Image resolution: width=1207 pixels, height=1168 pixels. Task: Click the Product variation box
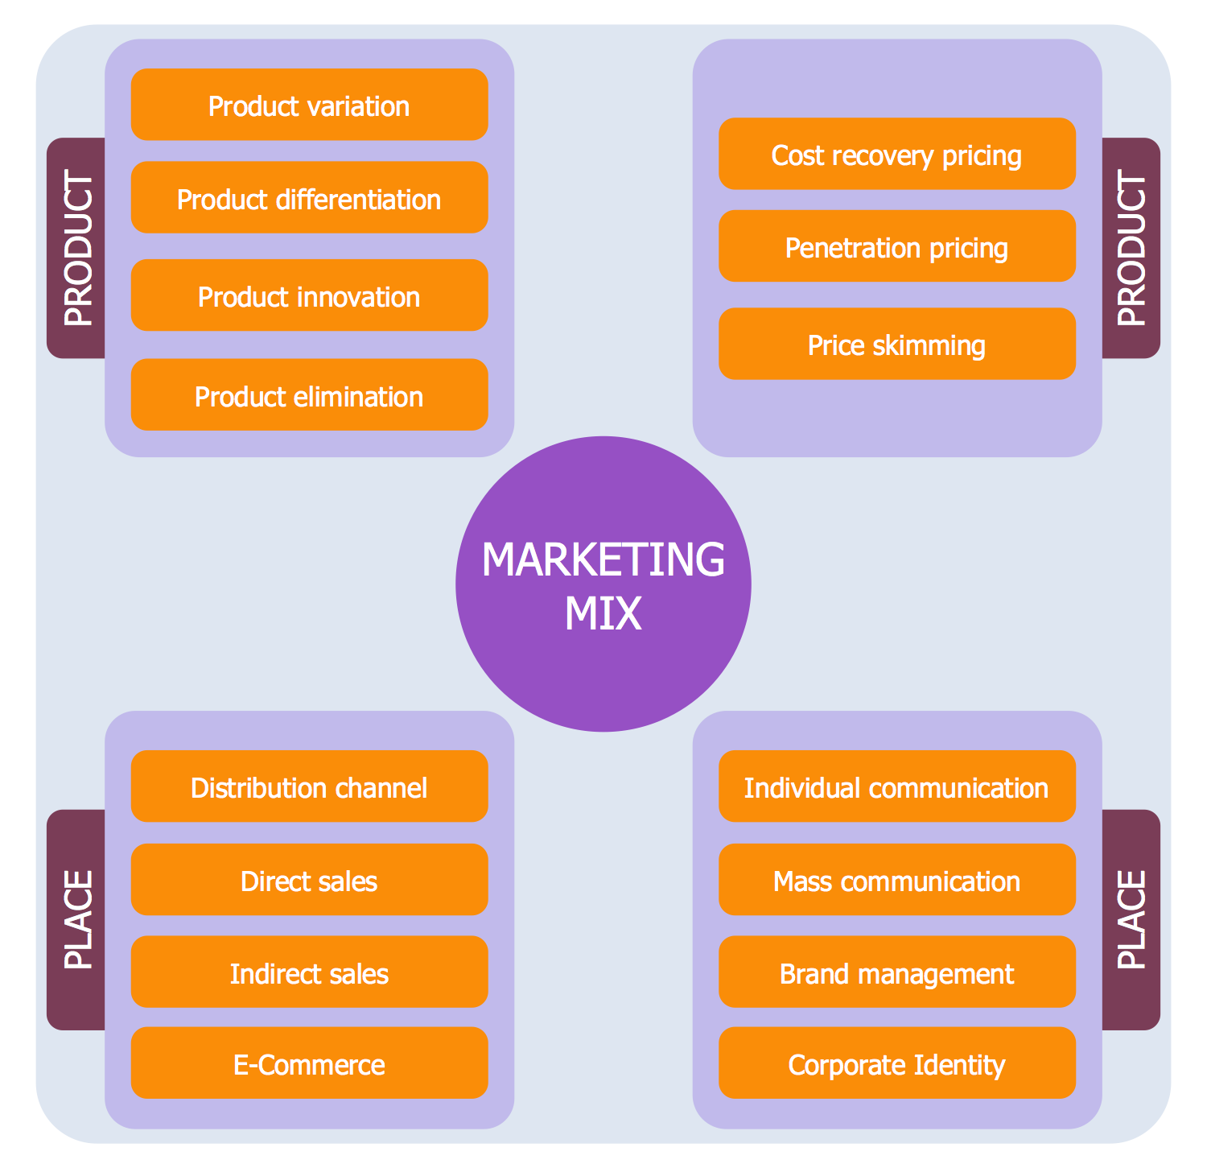coord(309,105)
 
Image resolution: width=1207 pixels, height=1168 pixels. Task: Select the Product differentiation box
coord(309,198)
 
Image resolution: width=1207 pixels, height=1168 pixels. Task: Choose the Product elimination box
coord(309,395)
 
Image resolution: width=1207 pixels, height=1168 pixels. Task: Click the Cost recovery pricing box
coord(896,155)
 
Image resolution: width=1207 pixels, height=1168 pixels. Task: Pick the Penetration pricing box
coord(896,246)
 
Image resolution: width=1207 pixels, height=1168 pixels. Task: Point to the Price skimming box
coord(896,345)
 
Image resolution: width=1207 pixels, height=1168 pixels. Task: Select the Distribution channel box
coord(309,786)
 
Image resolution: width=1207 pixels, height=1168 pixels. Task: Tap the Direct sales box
coord(309,880)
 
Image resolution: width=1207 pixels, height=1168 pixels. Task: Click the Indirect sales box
coord(309,972)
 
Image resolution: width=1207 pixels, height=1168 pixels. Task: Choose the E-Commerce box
coord(309,1063)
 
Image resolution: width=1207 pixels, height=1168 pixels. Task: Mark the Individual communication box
coord(896,786)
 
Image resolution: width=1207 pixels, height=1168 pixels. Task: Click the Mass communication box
coord(896,880)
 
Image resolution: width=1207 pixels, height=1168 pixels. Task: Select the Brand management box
coord(896,972)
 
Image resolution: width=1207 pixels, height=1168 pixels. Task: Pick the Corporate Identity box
coord(896,1063)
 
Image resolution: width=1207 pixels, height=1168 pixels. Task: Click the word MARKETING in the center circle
coord(603,559)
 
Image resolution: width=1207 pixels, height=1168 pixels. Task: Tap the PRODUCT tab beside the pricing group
coord(1131,248)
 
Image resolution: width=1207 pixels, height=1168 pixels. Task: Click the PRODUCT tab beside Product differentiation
coord(77,248)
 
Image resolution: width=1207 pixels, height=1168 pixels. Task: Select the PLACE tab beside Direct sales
coord(77,919)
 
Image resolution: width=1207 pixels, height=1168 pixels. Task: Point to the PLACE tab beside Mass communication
coord(1131,919)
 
